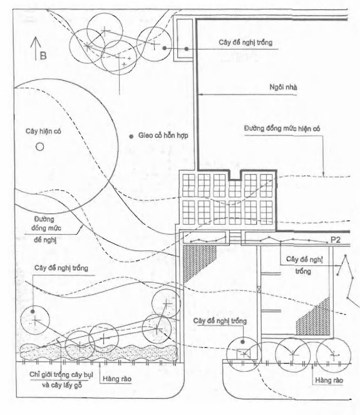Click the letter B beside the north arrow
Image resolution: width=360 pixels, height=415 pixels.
click(x=43, y=56)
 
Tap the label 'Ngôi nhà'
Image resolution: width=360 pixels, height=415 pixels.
click(x=283, y=87)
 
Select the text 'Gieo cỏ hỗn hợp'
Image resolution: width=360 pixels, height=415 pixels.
click(x=163, y=135)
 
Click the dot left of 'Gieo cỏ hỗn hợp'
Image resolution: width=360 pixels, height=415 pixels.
click(x=131, y=136)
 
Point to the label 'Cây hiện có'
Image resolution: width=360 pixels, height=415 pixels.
click(x=43, y=131)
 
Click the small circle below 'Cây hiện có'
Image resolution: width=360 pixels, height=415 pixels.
click(x=39, y=146)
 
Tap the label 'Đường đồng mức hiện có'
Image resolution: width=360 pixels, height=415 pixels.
click(x=282, y=129)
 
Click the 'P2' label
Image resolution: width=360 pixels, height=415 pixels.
click(x=336, y=240)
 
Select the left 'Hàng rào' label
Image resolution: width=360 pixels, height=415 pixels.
click(x=117, y=379)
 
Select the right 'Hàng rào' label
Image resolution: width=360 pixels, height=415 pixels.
click(x=329, y=381)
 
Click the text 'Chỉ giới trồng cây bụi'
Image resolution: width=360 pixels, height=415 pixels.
click(x=61, y=375)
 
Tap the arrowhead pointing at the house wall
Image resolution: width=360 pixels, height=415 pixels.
click(x=200, y=94)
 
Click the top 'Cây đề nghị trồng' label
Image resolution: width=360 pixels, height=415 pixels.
click(x=245, y=43)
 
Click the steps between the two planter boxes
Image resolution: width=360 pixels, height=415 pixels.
click(x=235, y=238)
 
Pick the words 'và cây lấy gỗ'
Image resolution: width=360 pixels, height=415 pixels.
click(x=62, y=386)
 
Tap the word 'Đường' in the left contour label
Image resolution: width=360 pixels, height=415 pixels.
click(x=44, y=219)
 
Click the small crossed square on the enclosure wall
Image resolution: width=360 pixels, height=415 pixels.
click(x=259, y=289)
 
